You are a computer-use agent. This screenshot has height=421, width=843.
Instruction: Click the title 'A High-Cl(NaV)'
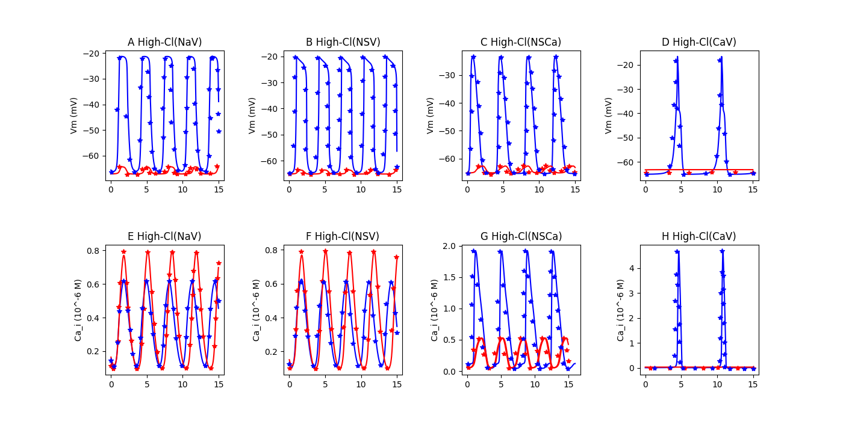pos(165,42)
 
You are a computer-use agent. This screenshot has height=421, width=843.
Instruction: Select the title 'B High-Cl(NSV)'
pos(343,42)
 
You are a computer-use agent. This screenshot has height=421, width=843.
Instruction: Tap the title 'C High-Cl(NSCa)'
pos(521,42)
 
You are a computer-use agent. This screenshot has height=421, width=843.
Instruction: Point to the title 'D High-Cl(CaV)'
pos(699,42)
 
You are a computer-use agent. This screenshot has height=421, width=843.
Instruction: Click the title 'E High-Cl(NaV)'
pos(164,236)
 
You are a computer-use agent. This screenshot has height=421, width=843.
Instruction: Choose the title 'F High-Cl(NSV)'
pos(343,236)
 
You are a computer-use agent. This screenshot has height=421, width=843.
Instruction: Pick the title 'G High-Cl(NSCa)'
pos(521,236)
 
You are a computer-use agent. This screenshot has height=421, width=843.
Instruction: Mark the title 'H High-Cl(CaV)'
pos(699,236)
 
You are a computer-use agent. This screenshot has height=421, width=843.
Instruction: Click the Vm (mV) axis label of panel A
pos(73,115)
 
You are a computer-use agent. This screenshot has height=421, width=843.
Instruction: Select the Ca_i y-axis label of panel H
pos(621,310)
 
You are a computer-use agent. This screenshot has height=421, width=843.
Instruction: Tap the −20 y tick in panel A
pos(92,54)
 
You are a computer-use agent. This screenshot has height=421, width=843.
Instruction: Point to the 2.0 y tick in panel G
pos(449,246)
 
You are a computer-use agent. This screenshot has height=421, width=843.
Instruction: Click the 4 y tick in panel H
pos(632,268)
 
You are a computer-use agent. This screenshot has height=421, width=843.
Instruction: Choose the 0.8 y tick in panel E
pos(93,251)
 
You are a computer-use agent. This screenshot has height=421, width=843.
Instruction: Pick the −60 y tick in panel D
pos(625,162)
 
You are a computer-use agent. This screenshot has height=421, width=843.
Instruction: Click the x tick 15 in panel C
pos(575,190)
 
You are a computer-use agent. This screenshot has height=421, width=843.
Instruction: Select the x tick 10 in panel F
pos(361,384)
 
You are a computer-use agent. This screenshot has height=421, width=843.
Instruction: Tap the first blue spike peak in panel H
pos(677,251)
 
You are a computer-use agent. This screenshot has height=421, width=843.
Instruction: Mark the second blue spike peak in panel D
pos(721,57)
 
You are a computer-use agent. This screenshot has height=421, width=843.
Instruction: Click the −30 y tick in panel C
pos(447,75)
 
